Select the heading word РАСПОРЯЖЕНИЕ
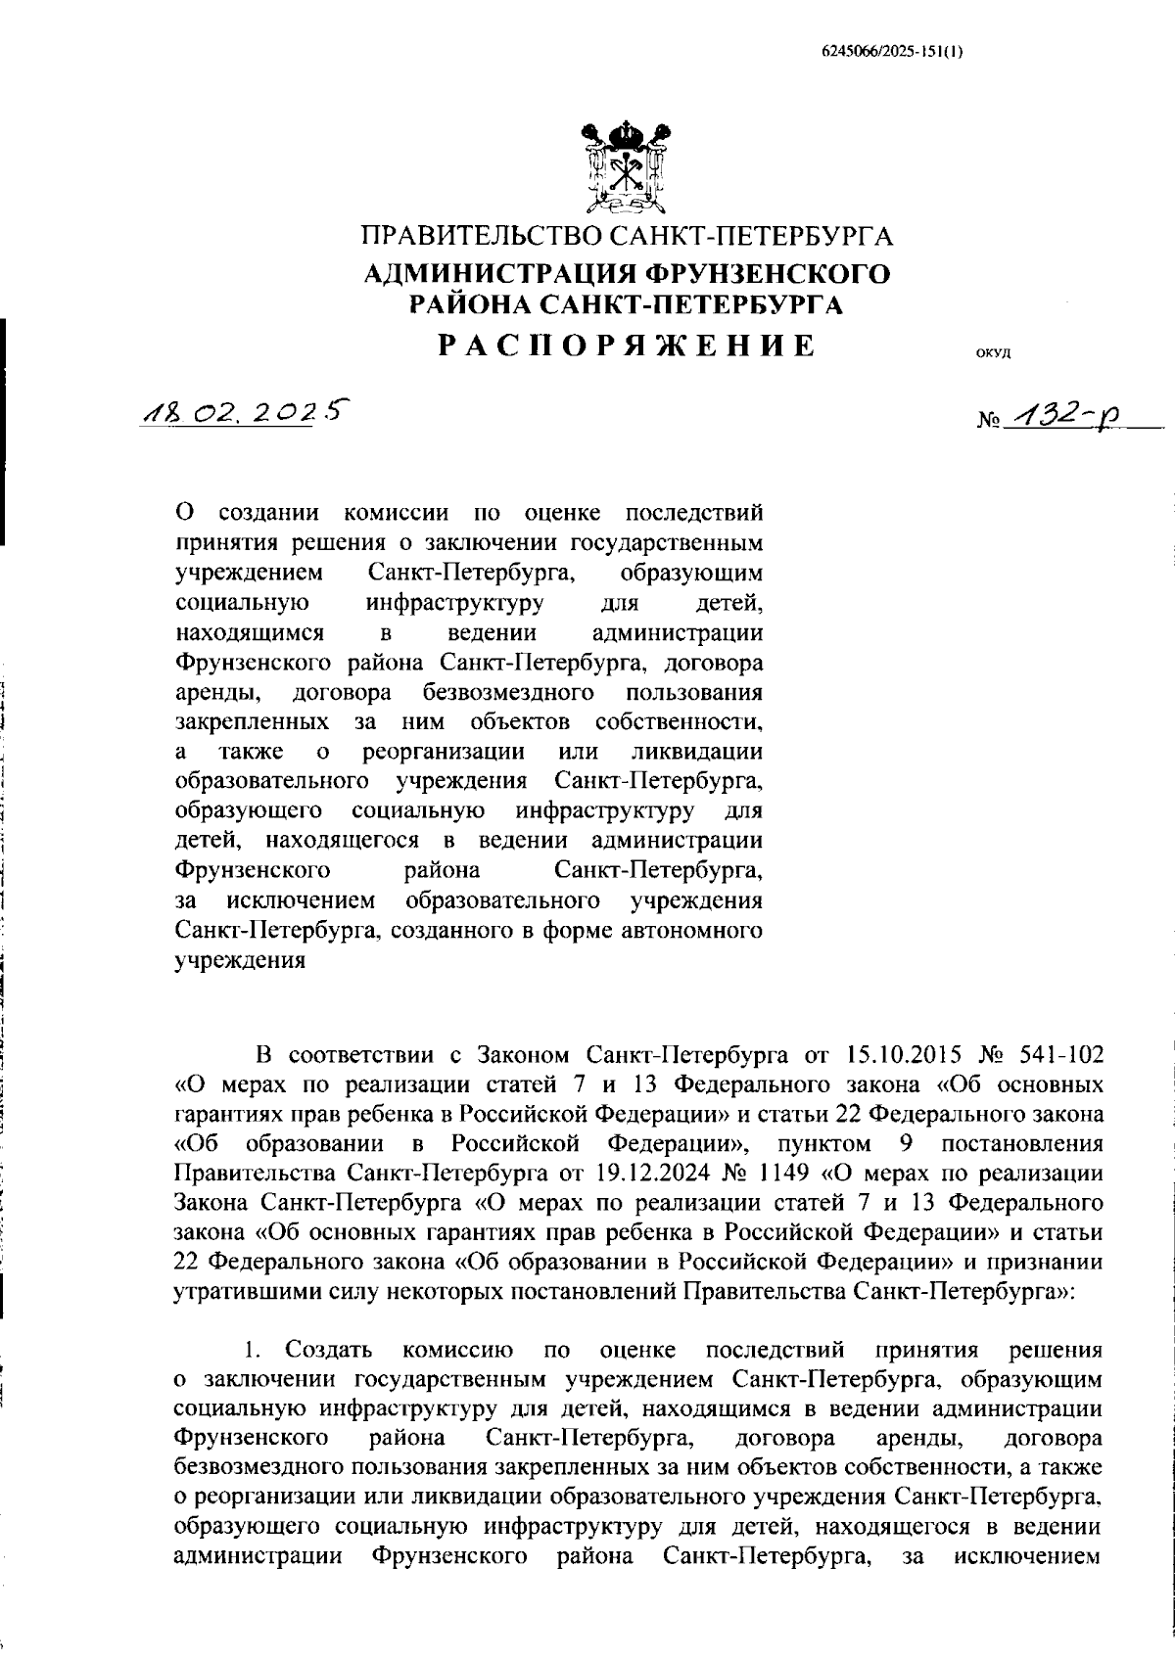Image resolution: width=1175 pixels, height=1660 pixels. [626, 346]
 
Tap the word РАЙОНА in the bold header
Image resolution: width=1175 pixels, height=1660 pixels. [469, 305]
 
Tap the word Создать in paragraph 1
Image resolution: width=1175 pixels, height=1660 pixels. [328, 1351]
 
